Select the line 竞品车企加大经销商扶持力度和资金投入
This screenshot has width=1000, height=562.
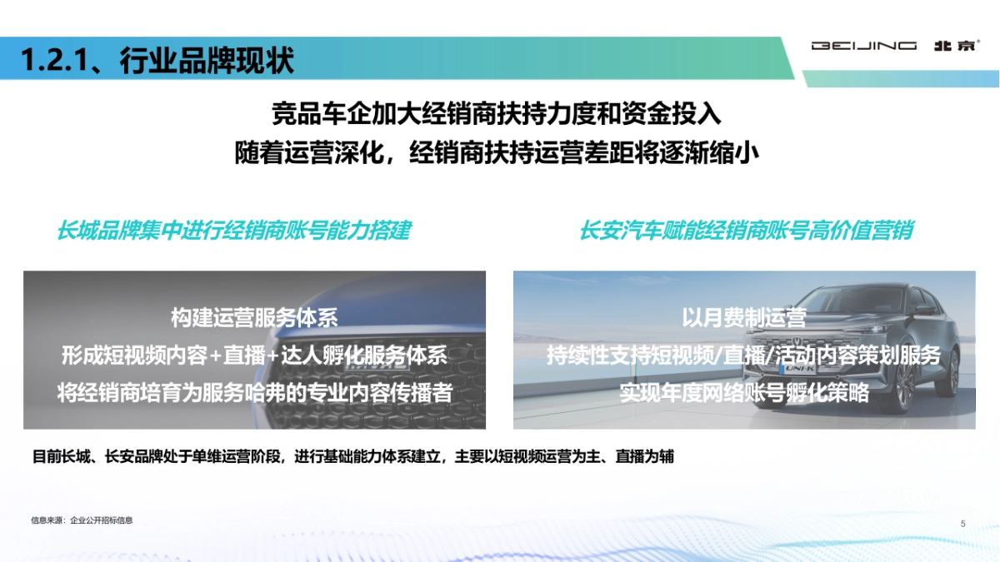[497, 114]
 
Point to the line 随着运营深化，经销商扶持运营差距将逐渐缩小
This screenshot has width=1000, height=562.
[497, 154]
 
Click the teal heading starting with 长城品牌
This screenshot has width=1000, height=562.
[233, 231]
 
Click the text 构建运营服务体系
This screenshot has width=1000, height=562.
[254, 317]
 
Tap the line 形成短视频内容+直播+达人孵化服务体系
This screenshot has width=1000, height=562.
[254, 356]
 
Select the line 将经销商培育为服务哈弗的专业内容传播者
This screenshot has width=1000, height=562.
[254, 392]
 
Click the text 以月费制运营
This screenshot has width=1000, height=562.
[743, 317]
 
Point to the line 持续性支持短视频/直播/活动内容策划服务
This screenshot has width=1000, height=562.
[743, 356]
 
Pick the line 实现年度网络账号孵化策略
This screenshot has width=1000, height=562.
[743, 392]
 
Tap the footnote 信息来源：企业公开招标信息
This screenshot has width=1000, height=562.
[82, 520]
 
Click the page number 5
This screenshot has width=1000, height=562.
[962, 524]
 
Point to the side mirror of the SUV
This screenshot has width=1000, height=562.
[924, 309]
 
